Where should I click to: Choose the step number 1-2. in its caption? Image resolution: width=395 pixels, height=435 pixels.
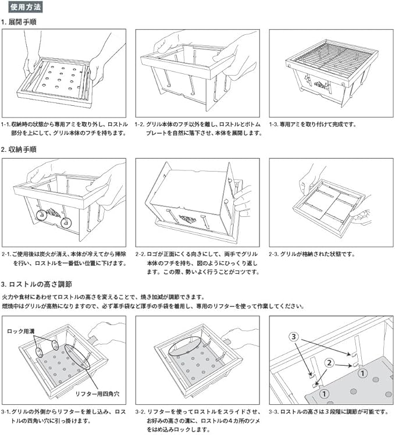pyautogui.click(x=141, y=124)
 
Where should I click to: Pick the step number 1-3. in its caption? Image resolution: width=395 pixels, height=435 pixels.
pyautogui.click(x=275, y=124)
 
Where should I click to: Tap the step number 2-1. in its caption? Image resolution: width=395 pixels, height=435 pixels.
pyautogui.click(x=8, y=254)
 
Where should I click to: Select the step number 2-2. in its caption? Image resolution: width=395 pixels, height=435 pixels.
pyautogui.click(x=142, y=254)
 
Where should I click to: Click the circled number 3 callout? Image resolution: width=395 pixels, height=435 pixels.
pyautogui.click(x=294, y=336)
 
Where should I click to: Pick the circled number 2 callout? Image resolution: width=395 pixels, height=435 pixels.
pyautogui.click(x=329, y=362)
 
